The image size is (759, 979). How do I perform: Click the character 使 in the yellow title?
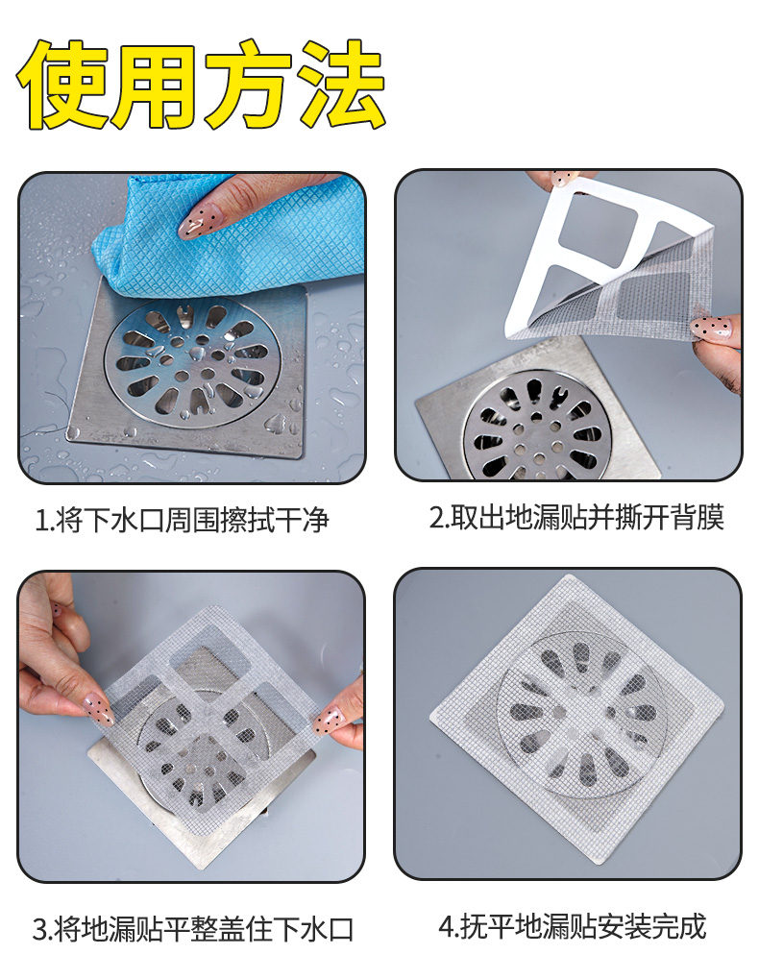tap(61, 85)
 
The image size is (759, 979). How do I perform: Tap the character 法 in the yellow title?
tap(341, 85)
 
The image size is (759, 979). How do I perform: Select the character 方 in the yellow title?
tap(249, 85)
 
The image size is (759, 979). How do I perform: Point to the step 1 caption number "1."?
tap(43, 520)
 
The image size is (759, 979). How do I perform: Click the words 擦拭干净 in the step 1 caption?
tap(274, 520)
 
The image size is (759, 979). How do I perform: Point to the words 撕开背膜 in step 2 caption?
tap(670, 518)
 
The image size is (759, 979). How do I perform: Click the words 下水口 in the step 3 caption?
tap(313, 928)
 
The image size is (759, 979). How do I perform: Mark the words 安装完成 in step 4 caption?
tap(651, 926)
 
